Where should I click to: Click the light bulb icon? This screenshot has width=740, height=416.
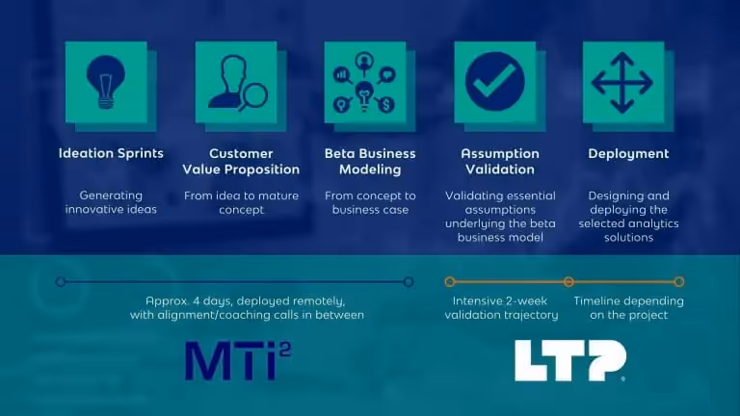coord(105,82)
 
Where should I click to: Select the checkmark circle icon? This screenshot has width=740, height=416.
coord(495,82)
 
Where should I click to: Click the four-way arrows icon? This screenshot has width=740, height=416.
coord(621,82)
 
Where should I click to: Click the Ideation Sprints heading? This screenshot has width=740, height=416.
coord(111,153)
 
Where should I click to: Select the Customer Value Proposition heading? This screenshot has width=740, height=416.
coord(241,161)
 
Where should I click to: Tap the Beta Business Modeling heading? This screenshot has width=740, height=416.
coord(370,161)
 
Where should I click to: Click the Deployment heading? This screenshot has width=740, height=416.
coord(628,153)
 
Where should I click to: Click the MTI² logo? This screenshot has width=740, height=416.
coord(237,360)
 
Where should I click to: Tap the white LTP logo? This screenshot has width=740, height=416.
coord(569,360)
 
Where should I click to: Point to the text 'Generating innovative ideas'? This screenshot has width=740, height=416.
coord(111,202)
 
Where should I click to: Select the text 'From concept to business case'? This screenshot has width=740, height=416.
coord(370,202)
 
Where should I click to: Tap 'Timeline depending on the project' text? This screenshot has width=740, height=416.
coord(628,307)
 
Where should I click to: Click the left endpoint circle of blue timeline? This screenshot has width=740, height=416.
coord(61,282)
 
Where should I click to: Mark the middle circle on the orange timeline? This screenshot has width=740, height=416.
coord(568,282)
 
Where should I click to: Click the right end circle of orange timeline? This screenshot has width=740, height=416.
coord(679,282)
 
